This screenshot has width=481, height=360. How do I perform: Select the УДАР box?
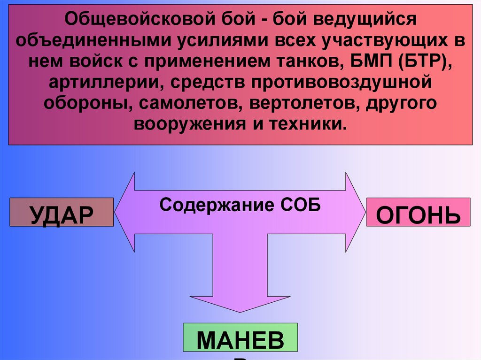pos(62,213)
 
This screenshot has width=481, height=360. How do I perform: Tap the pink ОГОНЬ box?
pos(418,213)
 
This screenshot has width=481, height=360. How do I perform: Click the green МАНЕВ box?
pos(240,337)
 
